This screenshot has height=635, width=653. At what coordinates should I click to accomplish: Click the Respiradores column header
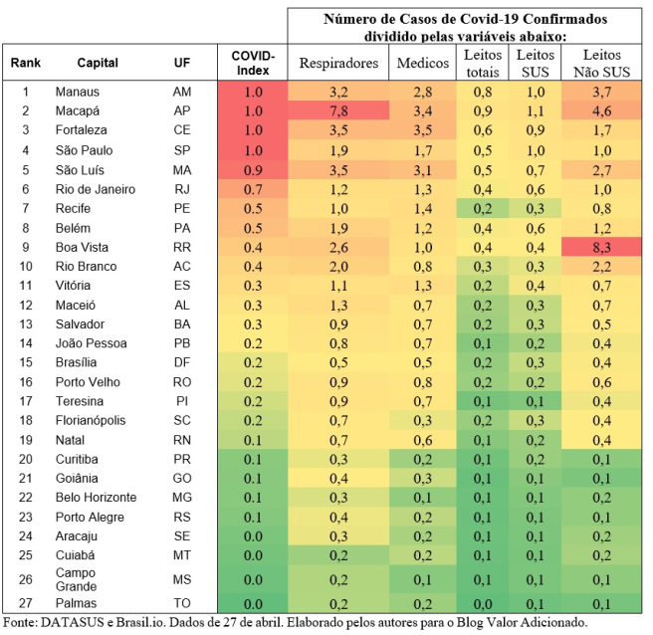[339, 63]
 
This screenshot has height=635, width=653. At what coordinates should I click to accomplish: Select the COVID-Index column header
[253, 63]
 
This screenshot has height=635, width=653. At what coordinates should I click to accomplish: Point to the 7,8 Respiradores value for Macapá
[339, 110]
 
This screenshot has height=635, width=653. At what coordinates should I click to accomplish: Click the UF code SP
[181, 149]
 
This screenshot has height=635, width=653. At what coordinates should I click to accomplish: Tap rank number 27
[28, 603]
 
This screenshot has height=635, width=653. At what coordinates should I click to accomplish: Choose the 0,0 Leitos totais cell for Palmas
[484, 603]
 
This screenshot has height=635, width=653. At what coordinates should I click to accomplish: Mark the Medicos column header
[422, 63]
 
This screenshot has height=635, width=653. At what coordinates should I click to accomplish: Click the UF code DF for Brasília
[181, 363]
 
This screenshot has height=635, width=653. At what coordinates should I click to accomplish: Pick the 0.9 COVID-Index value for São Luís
[253, 169]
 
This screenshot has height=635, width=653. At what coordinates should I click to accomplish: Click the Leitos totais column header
[484, 63]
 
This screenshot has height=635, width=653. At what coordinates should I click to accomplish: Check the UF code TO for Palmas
[181, 603]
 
